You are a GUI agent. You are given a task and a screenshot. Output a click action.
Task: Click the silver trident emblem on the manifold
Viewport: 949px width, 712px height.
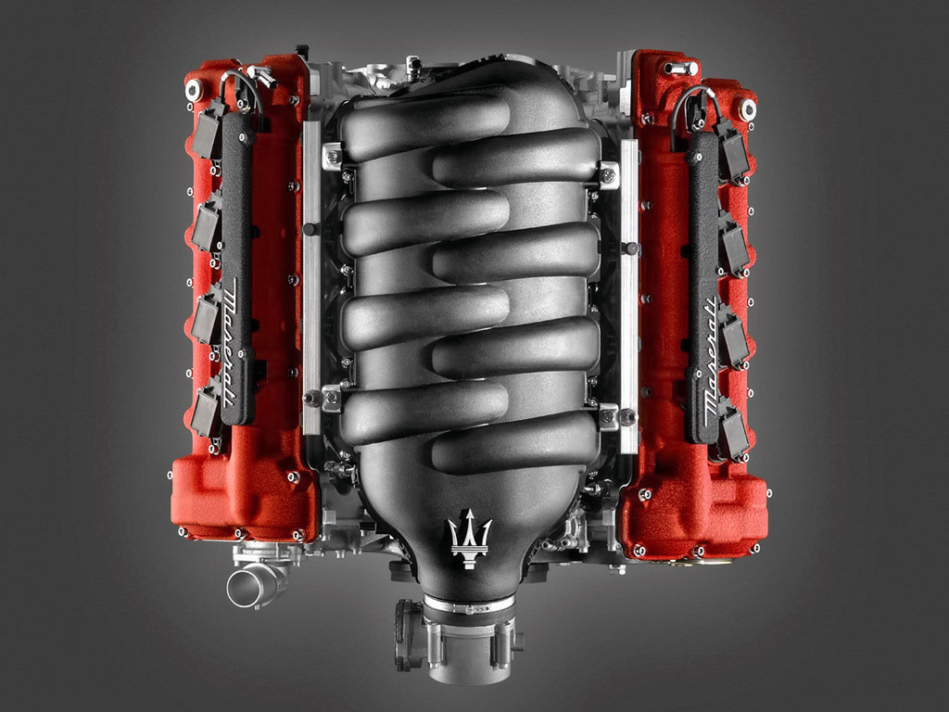pyautogui.click(x=470, y=539)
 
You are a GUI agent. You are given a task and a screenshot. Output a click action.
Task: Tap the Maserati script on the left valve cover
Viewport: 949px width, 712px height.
pyautogui.click(x=231, y=342)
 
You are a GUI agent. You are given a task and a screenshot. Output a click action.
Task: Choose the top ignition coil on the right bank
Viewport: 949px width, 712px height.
pyautogui.click(x=735, y=151)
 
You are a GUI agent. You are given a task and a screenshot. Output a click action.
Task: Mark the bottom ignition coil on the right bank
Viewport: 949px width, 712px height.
pyautogui.click(x=735, y=432)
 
